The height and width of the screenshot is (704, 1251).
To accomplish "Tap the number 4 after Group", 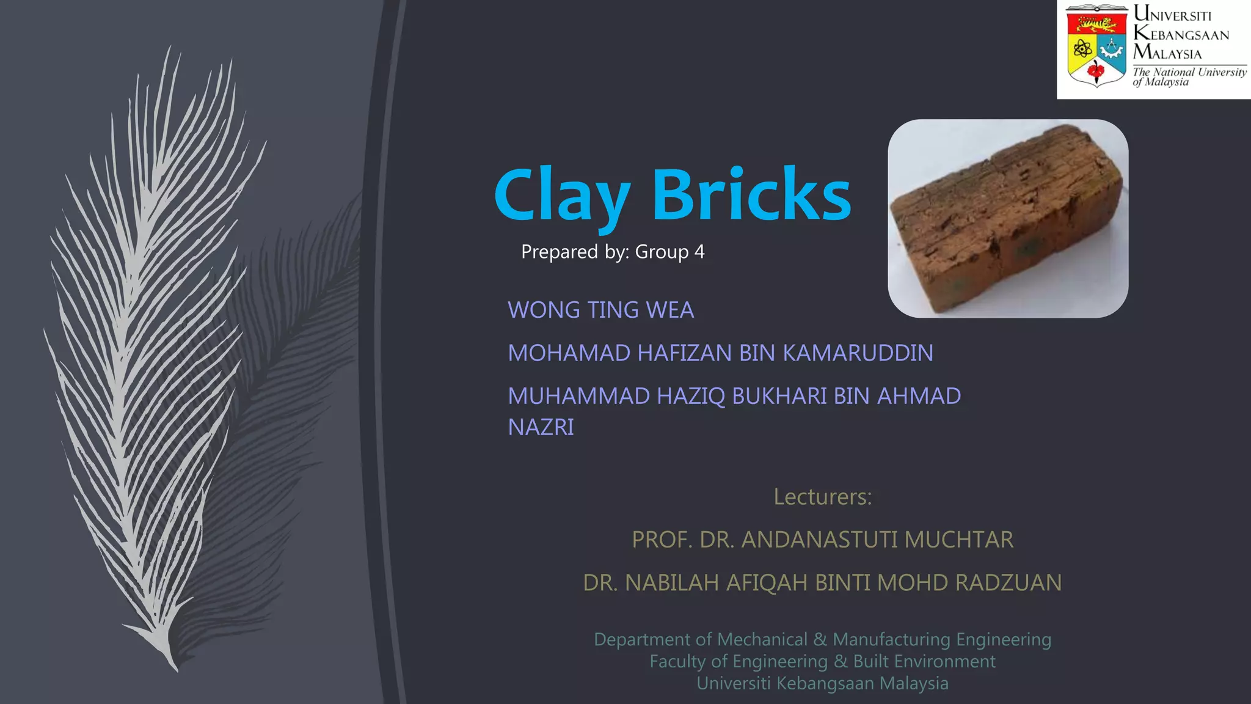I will coord(699,252).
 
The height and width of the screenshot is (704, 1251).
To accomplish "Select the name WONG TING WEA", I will coord(600,310).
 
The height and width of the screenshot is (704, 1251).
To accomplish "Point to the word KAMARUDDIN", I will coord(858,353).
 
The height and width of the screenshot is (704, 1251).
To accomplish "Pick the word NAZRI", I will coord(541,427).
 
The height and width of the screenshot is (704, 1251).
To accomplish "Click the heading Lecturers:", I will coord(822,497).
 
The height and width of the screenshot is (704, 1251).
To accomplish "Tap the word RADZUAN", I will coord(1008,583).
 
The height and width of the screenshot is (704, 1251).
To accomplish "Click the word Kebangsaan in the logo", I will coord(1181,34).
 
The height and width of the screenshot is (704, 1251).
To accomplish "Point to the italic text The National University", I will coord(1189,72).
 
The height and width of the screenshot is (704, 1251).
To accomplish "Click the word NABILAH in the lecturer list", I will coord(672,583).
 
